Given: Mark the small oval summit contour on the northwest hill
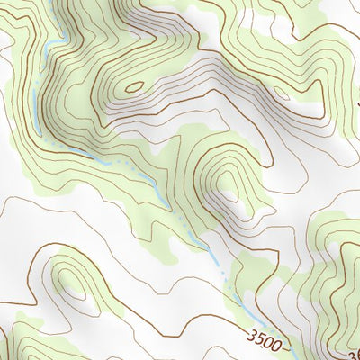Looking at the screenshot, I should point(134,87).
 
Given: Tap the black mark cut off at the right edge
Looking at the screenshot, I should point(356,90).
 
